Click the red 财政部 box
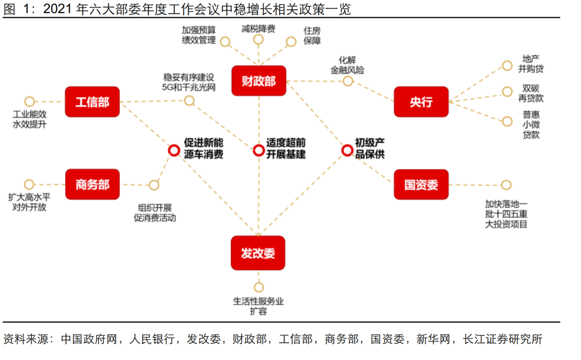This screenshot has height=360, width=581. pos(258,81)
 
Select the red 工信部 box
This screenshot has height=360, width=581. pos(92,102)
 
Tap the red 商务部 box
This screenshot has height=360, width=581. pos(92,185)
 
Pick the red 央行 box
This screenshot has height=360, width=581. pos(421,102)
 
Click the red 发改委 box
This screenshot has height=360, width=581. pos(258,253)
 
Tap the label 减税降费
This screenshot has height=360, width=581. pos(258,29)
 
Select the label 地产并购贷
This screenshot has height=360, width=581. pos(530,63)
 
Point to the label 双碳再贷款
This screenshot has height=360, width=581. pos(530,93)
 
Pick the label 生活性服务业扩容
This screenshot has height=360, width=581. pos(258,306)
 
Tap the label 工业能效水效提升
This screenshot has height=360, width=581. pos(30,119)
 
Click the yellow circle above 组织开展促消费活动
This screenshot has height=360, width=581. pos(154,185)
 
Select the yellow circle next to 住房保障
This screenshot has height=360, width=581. pos(291,41)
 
